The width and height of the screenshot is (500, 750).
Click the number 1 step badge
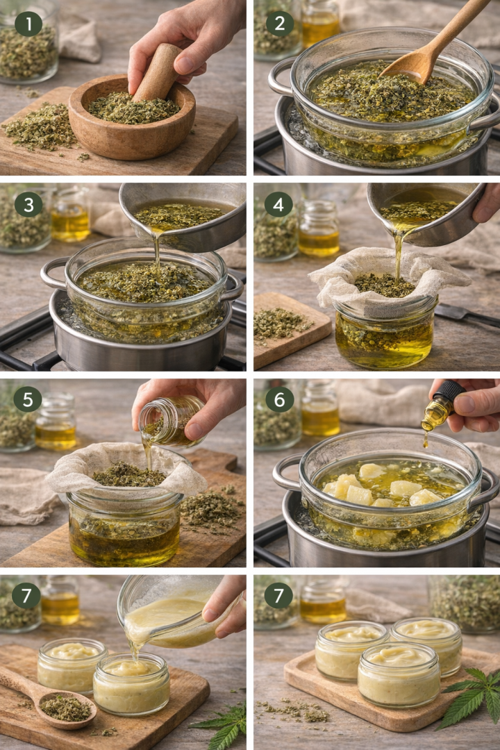tap(28, 24)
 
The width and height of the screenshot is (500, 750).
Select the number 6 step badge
tap(279, 399)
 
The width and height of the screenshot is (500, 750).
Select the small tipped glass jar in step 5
tap(171, 421)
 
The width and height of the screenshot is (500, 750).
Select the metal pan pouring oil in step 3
tap(184, 216)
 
